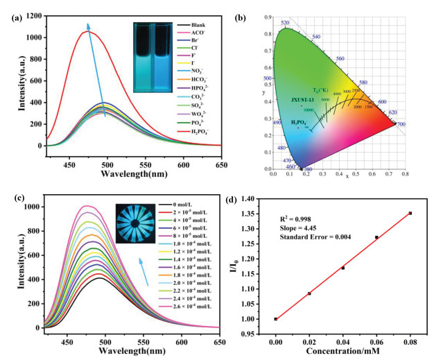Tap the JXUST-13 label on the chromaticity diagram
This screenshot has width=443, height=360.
pos(302,100)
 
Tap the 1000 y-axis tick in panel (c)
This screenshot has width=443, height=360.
pos(31,207)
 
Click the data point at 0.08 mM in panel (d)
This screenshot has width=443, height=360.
pos(410,213)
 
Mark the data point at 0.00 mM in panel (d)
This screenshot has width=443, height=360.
pos(276,319)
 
